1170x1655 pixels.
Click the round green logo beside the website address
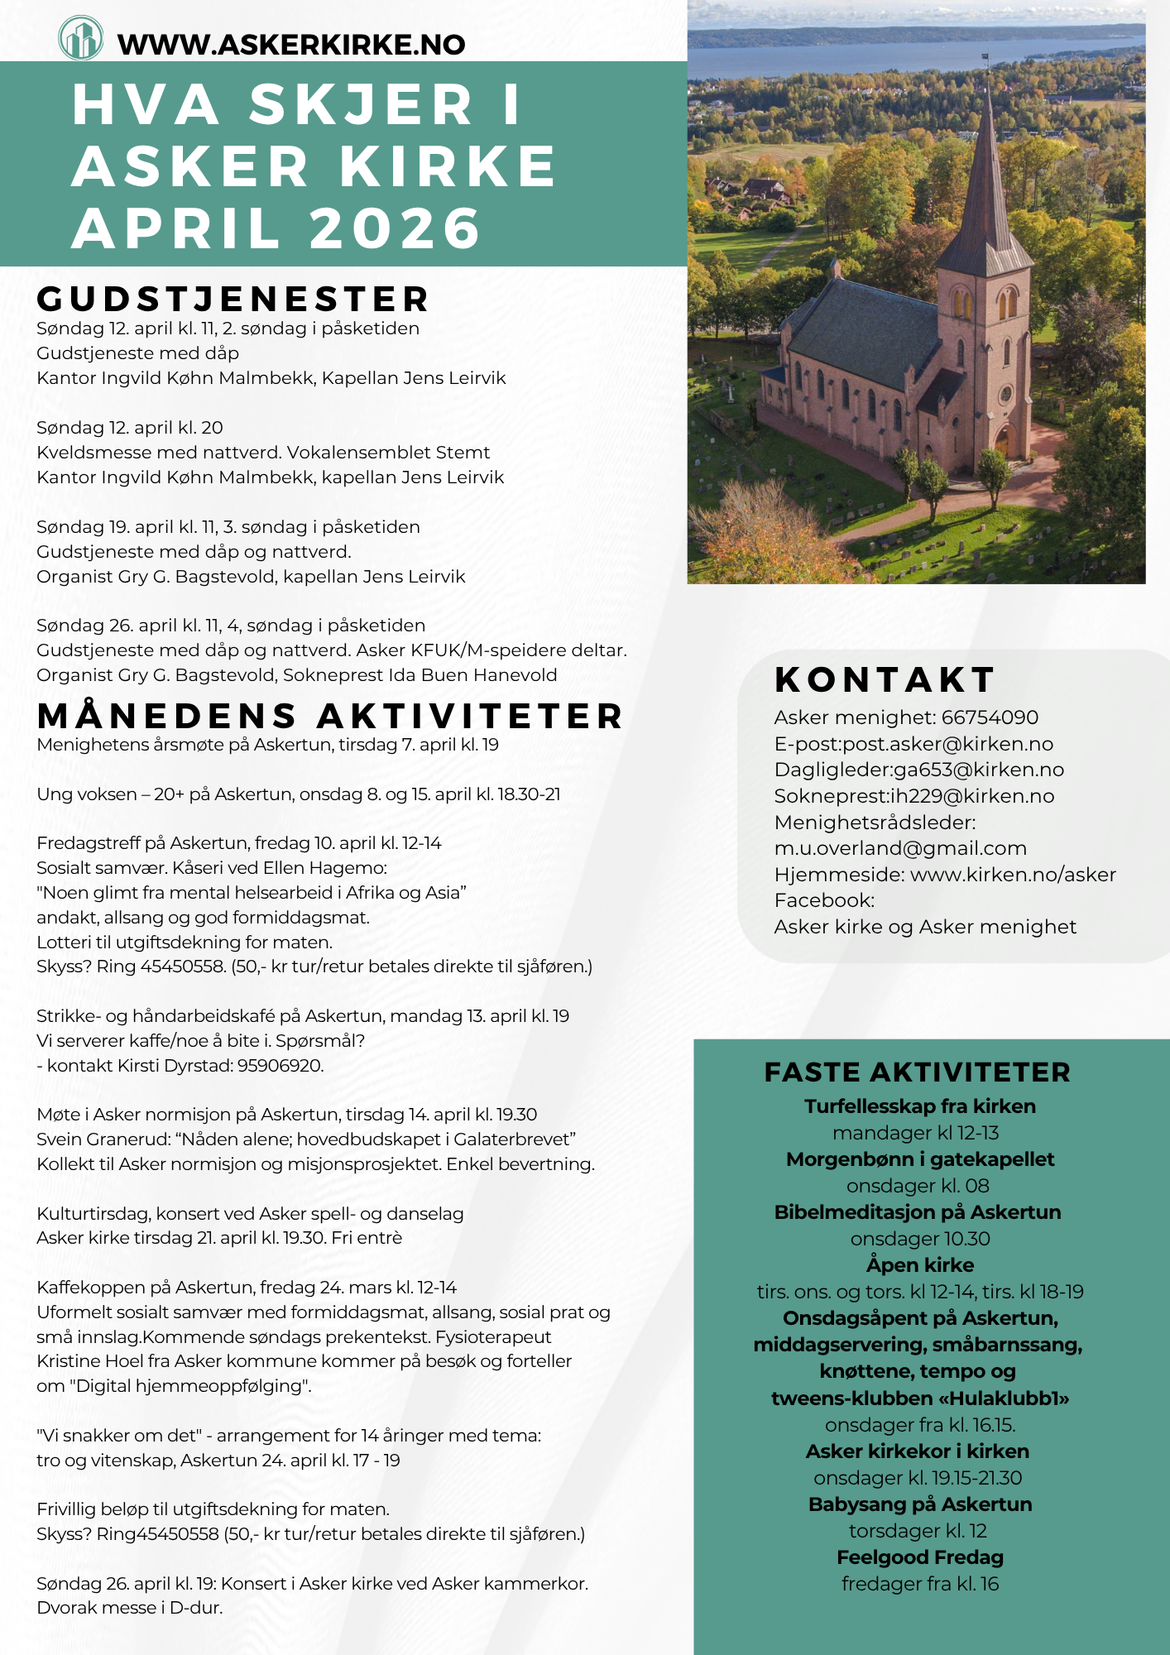[x=81, y=38]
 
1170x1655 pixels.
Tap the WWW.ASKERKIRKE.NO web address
[x=291, y=45]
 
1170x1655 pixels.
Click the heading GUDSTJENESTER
[x=233, y=299]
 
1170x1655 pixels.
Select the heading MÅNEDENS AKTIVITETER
[x=330, y=717]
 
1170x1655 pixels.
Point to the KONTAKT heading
[x=885, y=680]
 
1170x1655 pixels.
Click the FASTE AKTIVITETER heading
[x=917, y=1072]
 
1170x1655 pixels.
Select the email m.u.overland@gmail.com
[x=900, y=848]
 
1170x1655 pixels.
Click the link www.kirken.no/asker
[x=1013, y=875]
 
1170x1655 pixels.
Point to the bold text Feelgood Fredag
[x=919, y=1557]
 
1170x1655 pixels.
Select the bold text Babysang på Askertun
[x=919, y=1504]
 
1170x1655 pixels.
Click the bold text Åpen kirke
[x=919, y=1265]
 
